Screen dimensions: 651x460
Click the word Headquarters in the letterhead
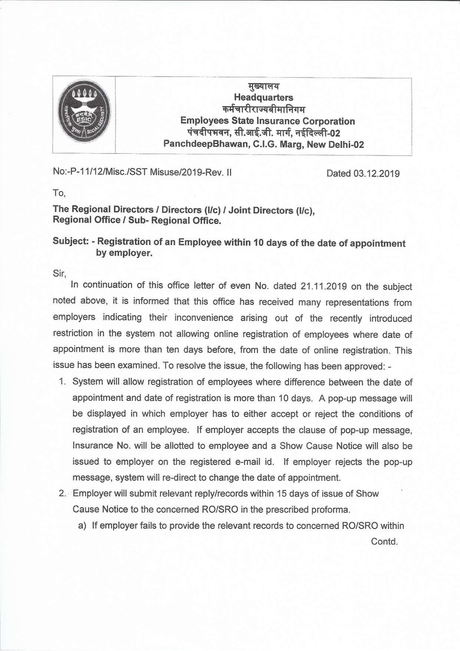click(263, 98)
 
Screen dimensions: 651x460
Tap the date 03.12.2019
click(376, 174)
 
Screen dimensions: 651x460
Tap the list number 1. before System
click(63, 382)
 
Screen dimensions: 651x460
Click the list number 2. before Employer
click(63, 494)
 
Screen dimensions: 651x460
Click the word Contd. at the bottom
click(384, 542)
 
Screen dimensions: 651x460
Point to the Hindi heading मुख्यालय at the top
click(264, 86)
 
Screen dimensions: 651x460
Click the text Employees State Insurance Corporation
click(267, 121)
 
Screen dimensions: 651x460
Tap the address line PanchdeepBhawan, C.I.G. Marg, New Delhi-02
click(263, 144)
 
